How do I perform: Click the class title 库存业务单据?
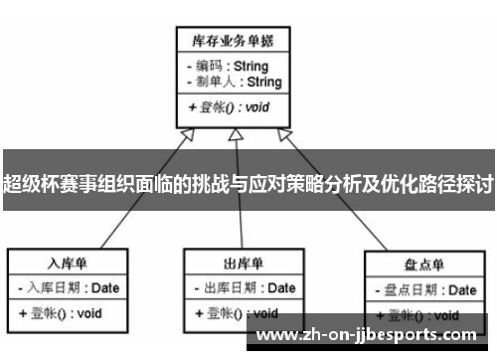pos(234,41)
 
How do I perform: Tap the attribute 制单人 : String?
pos(234,82)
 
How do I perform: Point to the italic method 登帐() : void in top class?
pos(230,107)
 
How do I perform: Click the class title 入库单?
pos(69,264)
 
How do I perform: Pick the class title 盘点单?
pos(423,267)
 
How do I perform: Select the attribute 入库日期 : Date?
pos(69,287)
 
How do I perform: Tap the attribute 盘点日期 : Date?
pos(423,290)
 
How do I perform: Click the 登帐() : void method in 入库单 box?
pos(61,312)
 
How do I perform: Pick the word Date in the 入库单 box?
pos(105,287)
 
